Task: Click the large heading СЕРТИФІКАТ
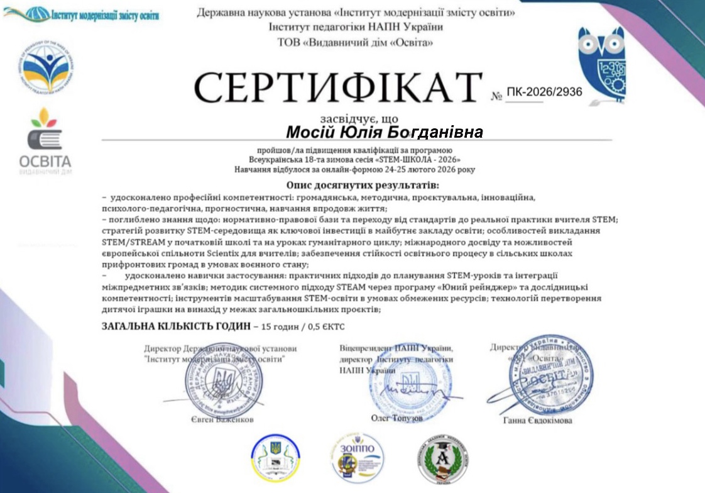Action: click(x=338, y=88)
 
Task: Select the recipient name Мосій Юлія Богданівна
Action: click(x=385, y=132)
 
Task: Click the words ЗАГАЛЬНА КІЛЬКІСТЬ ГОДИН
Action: click(x=175, y=327)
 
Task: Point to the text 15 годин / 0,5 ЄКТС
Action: click(x=302, y=327)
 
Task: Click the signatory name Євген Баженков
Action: click(x=222, y=419)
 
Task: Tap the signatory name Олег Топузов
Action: click(x=397, y=418)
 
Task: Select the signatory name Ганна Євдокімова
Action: click(x=538, y=420)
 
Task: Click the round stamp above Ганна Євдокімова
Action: click(x=550, y=374)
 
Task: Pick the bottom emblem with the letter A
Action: click(x=442, y=460)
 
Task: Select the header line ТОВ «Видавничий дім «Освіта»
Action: click(x=355, y=43)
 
